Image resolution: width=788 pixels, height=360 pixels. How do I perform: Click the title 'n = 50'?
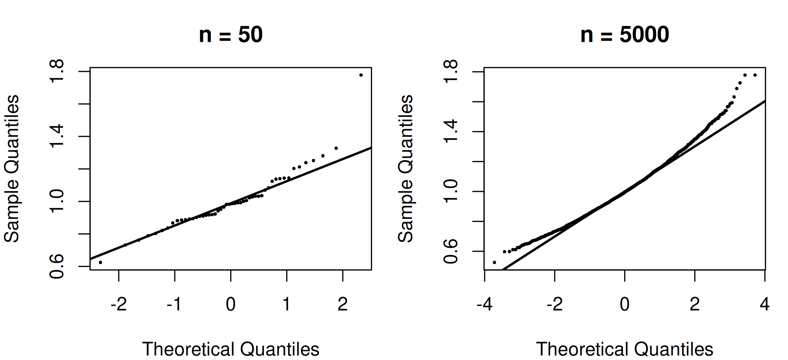point(231,34)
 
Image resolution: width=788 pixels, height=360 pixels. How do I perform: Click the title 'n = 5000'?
point(625,34)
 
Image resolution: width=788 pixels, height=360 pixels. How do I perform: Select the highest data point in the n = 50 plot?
point(361,75)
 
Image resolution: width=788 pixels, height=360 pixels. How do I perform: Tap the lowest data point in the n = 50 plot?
point(100,262)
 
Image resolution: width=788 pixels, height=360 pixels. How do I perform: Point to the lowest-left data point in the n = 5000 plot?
point(494,262)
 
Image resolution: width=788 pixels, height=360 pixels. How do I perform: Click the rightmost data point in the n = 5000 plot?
point(755,75)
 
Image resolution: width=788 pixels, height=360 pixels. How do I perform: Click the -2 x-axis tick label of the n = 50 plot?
point(119,304)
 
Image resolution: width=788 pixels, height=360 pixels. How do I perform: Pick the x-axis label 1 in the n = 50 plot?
point(287,304)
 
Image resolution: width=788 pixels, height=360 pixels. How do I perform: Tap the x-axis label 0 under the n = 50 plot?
point(231,304)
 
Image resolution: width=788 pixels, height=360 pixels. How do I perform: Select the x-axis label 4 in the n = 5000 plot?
point(765,304)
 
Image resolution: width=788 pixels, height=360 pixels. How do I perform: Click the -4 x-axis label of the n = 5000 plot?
point(485,304)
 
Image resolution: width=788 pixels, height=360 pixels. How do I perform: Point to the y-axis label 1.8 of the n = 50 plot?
point(57,72)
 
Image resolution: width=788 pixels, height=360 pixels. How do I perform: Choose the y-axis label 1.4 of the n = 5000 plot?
point(451,132)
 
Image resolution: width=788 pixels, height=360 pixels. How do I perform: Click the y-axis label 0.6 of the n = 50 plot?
point(57,266)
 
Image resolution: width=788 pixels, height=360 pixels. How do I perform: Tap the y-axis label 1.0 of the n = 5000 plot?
point(451,192)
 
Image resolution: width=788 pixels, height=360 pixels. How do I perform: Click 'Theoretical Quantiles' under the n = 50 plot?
point(231,349)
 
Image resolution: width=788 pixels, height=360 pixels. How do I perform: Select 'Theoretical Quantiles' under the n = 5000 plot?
point(625,349)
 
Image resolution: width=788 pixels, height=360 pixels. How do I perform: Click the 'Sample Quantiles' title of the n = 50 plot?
point(12,168)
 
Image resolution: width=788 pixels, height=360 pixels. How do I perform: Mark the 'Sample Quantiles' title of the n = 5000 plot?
point(406,168)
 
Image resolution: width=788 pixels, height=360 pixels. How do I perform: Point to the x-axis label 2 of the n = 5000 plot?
point(695,304)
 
